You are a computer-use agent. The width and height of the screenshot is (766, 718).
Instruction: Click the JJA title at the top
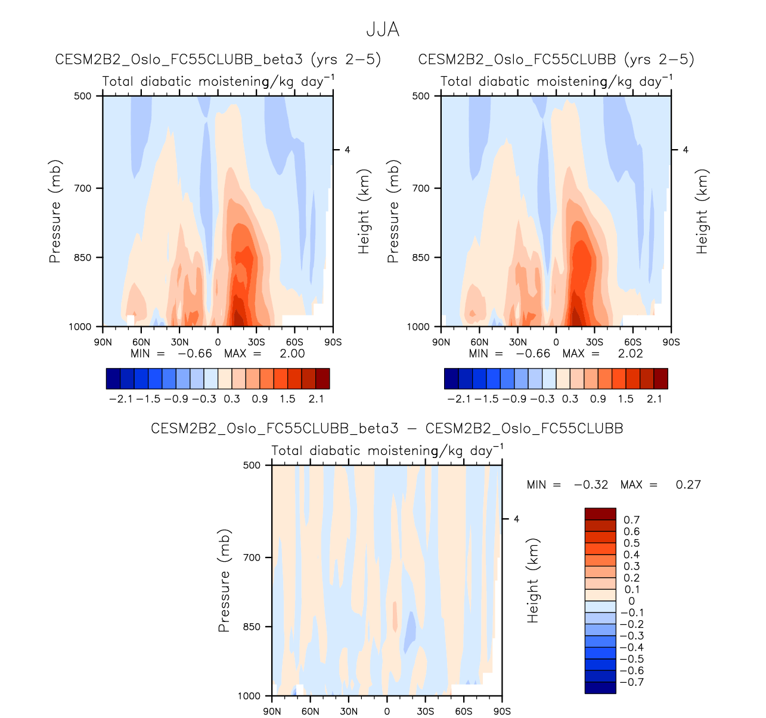pyautogui.click(x=383, y=30)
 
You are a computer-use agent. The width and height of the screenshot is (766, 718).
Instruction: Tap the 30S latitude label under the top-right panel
pyautogui.click(x=594, y=342)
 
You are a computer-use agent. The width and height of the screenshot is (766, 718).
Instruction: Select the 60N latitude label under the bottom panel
pyautogui.click(x=310, y=711)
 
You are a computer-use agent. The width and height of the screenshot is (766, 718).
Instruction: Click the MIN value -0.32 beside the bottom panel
pyautogui.click(x=591, y=485)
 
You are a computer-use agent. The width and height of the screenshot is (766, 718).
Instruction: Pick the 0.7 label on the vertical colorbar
pyautogui.click(x=631, y=520)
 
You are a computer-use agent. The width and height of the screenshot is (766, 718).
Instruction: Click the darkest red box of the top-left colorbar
pyautogui.click(x=322, y=379)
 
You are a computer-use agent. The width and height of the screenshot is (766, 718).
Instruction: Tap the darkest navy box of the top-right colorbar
pyautogui.click(x=452, y=379)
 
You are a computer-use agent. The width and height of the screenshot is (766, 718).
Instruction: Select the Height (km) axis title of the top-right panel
pyautogui.click(x=702, y=212)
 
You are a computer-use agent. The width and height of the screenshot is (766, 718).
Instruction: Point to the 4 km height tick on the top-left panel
pyautogui.click(x=347, y=150)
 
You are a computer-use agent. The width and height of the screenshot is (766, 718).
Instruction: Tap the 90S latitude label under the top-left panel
pyautogui.click(x=333, y=342)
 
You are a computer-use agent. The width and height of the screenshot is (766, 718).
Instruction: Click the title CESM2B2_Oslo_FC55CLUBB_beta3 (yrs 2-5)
pyautogui.click(x=218, y=60)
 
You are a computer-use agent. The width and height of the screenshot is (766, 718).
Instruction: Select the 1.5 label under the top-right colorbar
pyautogui.click(x=625, y=399)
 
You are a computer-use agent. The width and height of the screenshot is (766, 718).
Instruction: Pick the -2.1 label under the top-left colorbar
pyautogui.click(x=120, y=399)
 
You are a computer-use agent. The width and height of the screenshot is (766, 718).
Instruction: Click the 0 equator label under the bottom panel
pyautogui.click(x=387, y=711)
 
